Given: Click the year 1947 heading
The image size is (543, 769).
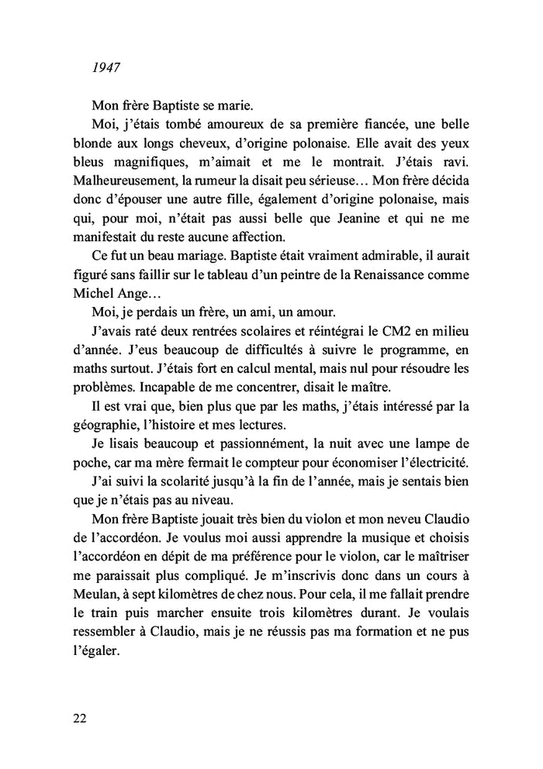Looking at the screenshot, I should tap(105, 67).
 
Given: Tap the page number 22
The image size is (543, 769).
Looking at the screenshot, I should tap(79, 718).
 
